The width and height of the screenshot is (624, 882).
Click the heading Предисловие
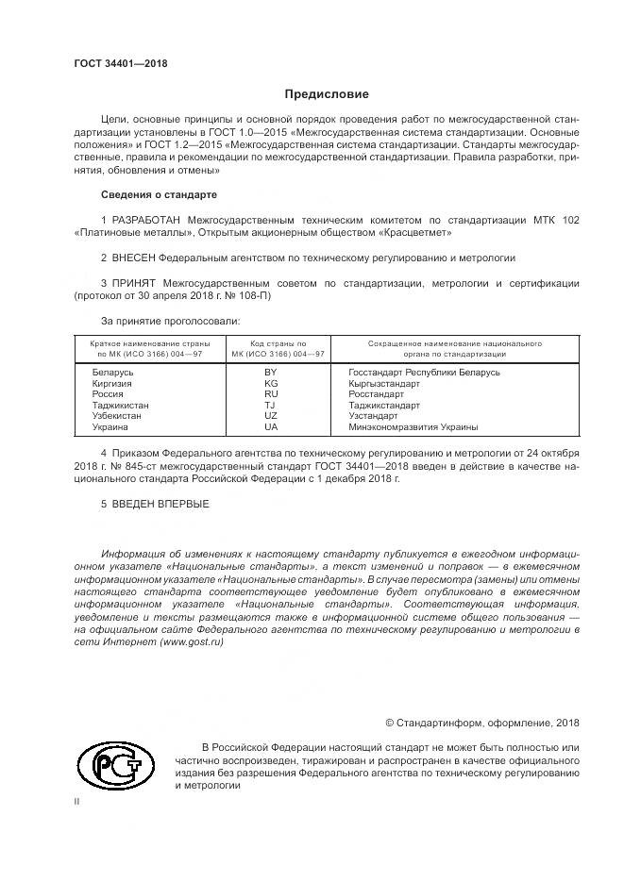(x=327, y=94)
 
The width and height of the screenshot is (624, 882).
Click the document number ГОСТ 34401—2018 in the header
(x=121, y=62)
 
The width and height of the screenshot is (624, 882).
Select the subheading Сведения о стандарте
(x=159, y=194)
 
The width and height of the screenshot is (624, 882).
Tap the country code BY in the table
(x=271, y=373)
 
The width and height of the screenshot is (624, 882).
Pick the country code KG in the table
(x=271, y=384)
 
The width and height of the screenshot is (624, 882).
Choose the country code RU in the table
(x=271, y=394)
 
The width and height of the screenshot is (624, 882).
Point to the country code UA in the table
(x=271, y=426)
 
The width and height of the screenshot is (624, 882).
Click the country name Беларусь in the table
(x=113, y=373)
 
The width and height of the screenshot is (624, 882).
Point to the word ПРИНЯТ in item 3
(x=135, y=282)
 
